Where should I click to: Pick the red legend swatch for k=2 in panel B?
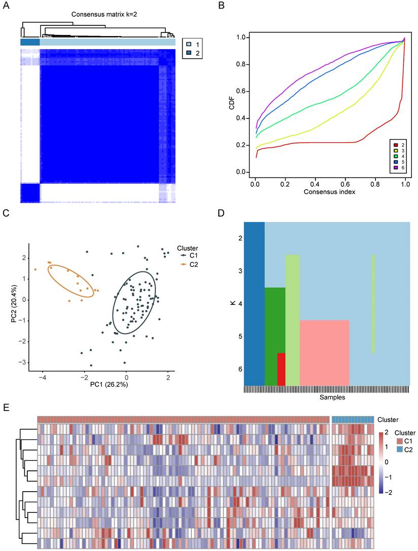point(394,145)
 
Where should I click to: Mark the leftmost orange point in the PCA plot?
point(36,269)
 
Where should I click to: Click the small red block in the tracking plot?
point(281,369)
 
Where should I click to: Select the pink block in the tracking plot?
point(324,352)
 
